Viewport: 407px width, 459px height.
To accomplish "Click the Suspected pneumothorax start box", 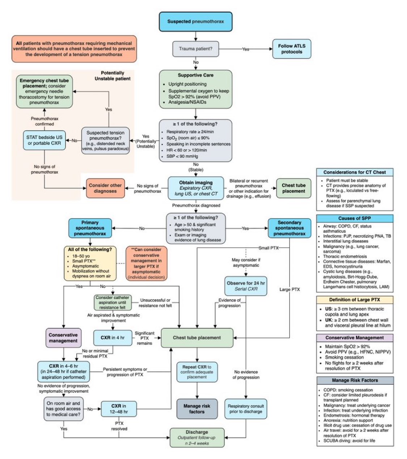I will pos(195,21).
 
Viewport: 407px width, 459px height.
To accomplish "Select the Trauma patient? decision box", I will pos(195,49).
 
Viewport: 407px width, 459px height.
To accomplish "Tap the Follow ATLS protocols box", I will pos(292,49).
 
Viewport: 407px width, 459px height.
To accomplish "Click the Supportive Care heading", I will pos(195,75).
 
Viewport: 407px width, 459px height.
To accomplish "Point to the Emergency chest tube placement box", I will pos(44,91).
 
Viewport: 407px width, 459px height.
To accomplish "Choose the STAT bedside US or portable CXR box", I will pos(44,140).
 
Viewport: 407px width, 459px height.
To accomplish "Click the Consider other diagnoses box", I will pos(105,188).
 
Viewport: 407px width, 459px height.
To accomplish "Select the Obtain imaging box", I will pos(196,188).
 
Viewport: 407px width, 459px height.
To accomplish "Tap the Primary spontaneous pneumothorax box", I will pos(90,228).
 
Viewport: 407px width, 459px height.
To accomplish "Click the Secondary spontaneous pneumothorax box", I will pos(289,228).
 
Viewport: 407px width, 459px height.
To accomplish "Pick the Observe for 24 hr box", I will pos(246,286).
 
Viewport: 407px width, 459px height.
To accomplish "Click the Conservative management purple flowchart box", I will pos(63,338).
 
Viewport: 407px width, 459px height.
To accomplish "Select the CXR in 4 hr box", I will pos(113,338).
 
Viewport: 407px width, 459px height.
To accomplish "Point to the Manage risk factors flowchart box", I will pos(197,409).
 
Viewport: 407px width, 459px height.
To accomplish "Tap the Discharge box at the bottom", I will pos(197,437).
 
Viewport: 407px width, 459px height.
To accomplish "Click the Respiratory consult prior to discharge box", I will pos(246,409).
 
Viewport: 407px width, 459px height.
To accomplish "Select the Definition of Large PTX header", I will pos(354,300).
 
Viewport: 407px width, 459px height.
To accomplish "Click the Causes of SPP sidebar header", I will pos(354,218).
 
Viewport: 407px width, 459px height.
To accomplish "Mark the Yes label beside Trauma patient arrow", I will pos(246,49).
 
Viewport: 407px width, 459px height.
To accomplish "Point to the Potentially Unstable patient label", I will pos(113,75).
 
